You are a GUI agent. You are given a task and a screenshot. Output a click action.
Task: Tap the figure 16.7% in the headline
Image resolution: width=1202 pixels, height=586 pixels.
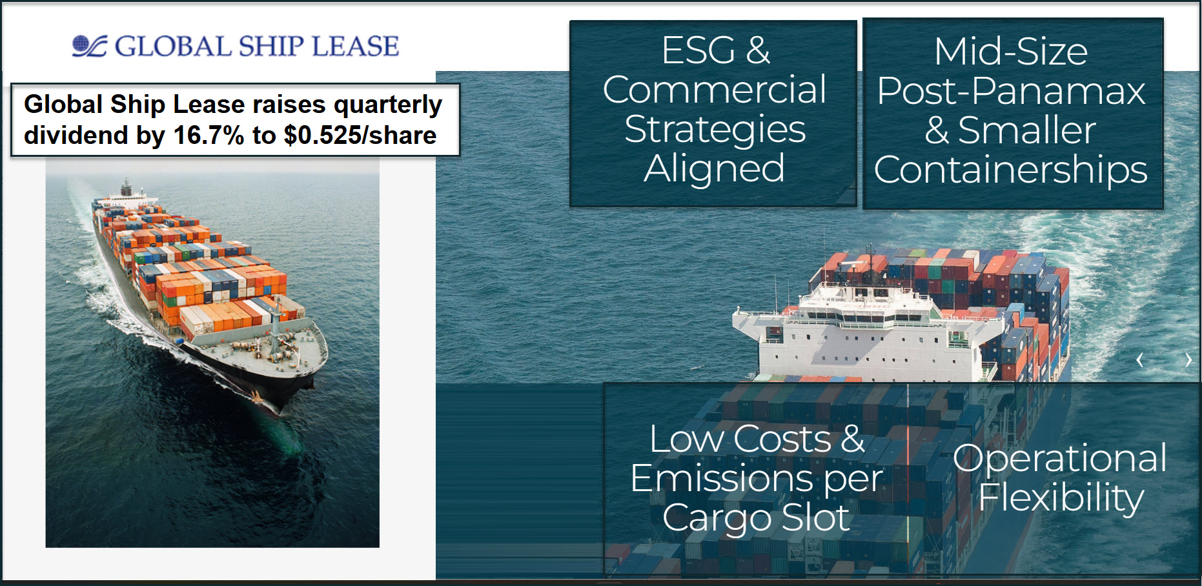click(209, 136)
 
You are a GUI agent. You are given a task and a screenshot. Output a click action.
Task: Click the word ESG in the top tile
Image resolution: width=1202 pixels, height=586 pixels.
click(698, 50)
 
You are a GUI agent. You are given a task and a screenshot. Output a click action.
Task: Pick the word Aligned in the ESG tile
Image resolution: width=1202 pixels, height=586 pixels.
click(714, 170)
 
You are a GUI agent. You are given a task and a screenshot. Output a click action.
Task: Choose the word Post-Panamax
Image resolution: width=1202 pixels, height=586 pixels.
click(1011, 90)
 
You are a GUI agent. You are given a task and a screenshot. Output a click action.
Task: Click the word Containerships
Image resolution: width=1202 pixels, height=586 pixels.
click(1011, 170)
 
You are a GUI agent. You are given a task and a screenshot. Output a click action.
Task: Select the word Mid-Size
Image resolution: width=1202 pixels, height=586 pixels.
click(1011, 51)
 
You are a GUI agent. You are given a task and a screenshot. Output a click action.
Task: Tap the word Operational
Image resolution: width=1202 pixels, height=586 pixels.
click(1060, 460)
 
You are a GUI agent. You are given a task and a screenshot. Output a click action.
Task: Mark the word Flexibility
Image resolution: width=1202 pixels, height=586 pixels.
click(1061, 498)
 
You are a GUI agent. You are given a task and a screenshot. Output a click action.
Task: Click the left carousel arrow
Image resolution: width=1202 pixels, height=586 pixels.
click(1140, 360)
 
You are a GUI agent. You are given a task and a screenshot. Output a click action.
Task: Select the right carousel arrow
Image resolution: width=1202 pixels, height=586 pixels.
click(1188, 360)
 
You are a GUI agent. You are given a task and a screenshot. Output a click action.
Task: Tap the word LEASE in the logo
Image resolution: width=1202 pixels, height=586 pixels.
click(356, 46)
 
